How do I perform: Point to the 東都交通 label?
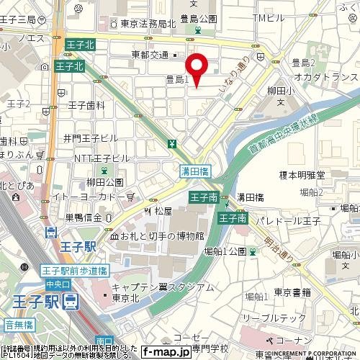(150, 54)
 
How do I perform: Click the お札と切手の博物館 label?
(161, 235)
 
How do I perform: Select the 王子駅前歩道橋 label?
(74, 271)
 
